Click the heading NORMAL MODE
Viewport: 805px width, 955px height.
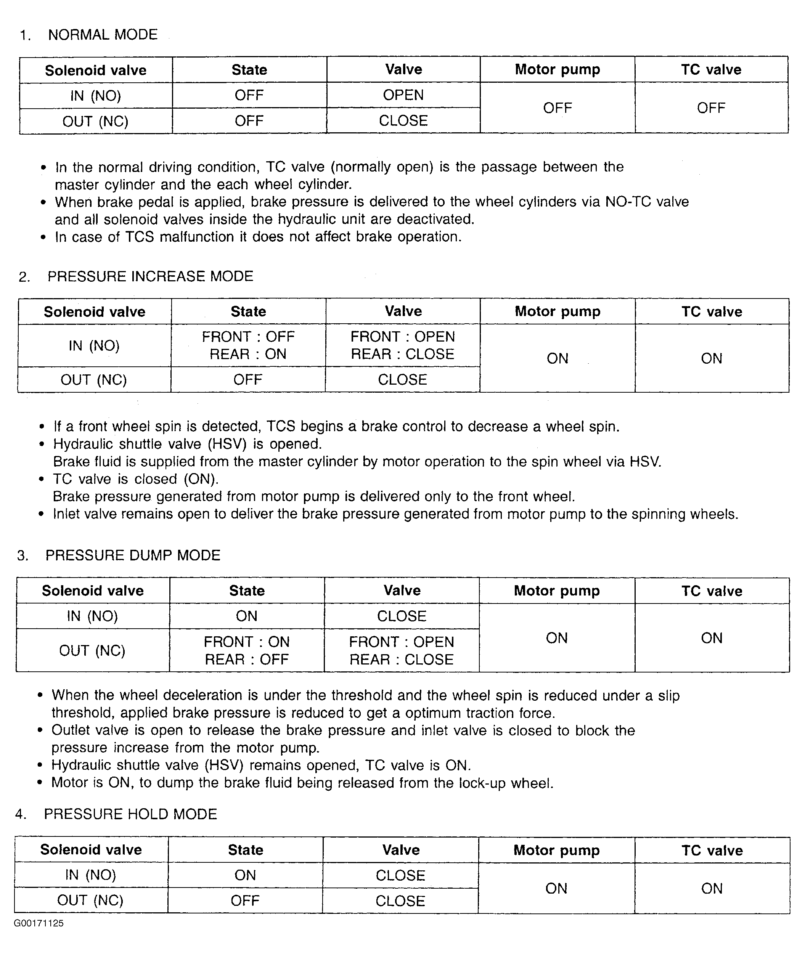103,35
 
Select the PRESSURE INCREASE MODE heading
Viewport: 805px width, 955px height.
150,276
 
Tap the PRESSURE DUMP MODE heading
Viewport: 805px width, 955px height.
133,555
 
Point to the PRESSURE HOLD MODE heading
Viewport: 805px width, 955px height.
130,814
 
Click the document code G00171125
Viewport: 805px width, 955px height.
39,923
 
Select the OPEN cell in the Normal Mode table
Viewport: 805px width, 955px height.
403,95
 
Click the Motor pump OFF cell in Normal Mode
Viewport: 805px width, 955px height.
557,108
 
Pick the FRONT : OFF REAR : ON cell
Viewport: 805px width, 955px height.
248,345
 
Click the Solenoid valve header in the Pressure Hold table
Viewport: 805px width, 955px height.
91,850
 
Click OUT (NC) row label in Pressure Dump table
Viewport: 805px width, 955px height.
92,651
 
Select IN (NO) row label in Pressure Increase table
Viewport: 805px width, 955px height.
94,345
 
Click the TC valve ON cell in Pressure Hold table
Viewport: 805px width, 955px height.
712,888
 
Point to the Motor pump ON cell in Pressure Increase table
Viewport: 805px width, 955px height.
557,359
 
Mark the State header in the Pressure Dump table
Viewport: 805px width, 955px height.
247,591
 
